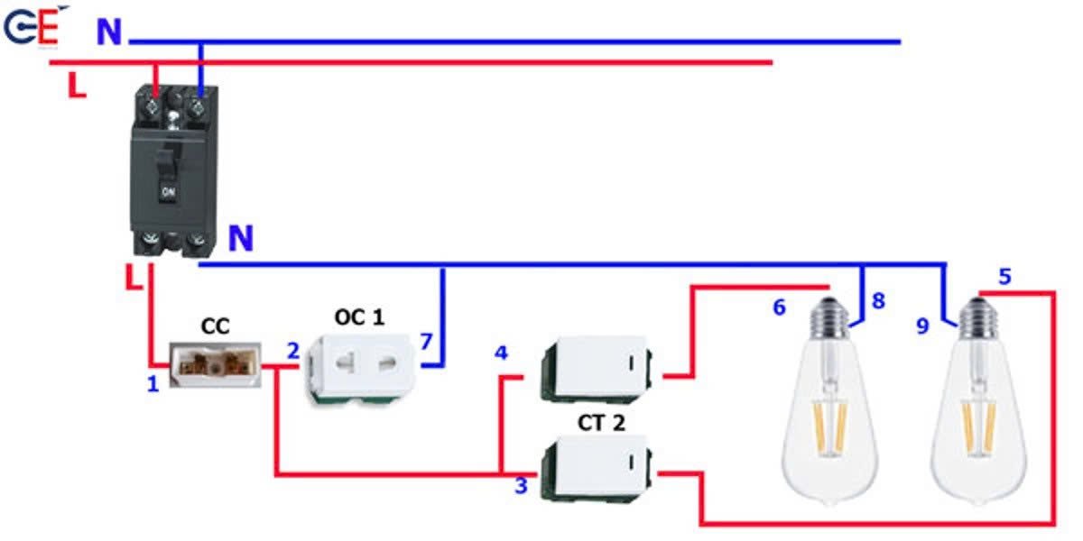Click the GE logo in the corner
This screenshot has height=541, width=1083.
32,28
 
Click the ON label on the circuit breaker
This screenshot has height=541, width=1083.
168,192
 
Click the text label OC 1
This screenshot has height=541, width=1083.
359,318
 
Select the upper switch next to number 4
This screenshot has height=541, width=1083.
596,368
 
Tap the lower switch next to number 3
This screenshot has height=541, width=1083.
596,467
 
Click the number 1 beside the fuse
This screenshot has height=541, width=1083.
153,385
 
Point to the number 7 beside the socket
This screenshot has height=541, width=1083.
426,343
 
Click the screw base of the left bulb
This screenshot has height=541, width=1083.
829,316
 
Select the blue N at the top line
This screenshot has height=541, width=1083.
109,32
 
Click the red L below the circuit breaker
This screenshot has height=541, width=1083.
134,277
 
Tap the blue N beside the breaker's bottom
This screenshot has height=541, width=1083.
240,239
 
